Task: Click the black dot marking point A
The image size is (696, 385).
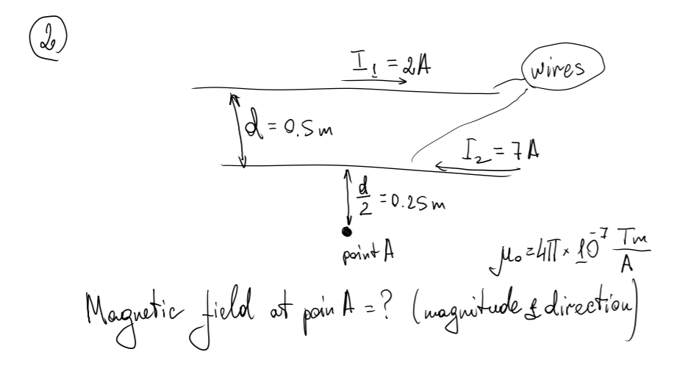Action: tap(346, 232)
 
